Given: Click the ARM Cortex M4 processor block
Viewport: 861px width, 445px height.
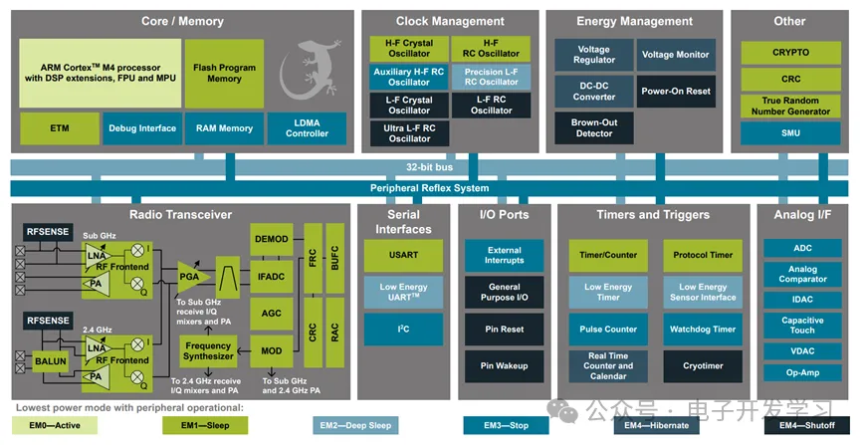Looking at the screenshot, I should [x=100, y=73].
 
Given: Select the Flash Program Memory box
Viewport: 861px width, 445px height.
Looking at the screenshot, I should [x=224, y=73].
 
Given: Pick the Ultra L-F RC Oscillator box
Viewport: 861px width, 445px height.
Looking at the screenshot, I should [x=409, y=132].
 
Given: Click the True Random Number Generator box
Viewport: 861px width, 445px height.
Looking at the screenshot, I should [x=790, y=105].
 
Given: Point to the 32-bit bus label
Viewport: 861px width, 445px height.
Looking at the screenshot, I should [x=429, y=166].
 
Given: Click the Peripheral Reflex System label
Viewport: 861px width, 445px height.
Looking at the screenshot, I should [x=429, y=188].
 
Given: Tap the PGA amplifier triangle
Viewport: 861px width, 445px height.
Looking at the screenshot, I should [x=188, y=275].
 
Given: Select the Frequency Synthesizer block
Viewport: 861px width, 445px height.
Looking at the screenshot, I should [x=208, y=349].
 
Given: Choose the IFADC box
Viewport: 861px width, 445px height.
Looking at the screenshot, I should [x=271, y=274].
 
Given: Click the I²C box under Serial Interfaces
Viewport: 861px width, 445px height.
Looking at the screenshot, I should [x=403, y=329].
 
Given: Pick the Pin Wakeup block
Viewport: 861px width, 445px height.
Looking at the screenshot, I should [x=504, y=365].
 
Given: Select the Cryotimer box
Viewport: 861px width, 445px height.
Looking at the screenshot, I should [x=703, y=365].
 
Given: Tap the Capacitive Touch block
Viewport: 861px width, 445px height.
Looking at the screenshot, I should [x=802, y=325].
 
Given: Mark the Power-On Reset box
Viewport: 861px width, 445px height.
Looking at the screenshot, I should [x=676, y=92].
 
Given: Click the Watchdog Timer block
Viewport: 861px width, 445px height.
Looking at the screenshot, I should [x=703, y=329].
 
